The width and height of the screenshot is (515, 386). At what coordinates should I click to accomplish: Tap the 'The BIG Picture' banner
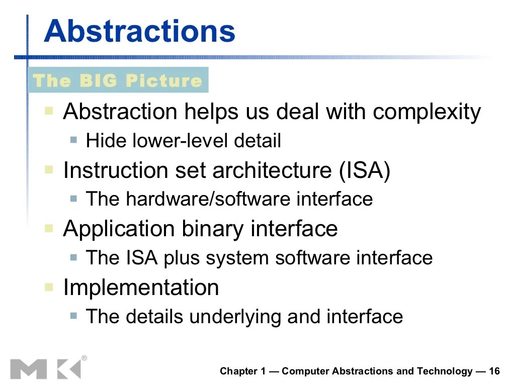point(118,80)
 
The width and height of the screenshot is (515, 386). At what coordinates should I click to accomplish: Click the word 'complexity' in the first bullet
point(426,112)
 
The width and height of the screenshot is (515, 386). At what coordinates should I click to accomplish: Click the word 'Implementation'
point(141,288)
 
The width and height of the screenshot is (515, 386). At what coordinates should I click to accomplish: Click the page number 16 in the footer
point(494,371)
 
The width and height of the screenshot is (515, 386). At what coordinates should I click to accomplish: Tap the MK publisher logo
point(46,368)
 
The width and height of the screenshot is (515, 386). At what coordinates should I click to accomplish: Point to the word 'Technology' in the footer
point(445,371)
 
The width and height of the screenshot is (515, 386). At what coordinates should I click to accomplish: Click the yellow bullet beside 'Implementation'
point(49,287)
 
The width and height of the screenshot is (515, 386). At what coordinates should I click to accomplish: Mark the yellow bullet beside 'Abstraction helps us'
point(49,111)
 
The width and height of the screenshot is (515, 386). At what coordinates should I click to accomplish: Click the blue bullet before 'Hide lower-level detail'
point(74,140)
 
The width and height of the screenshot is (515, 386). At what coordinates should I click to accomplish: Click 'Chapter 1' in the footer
point(242,371)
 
